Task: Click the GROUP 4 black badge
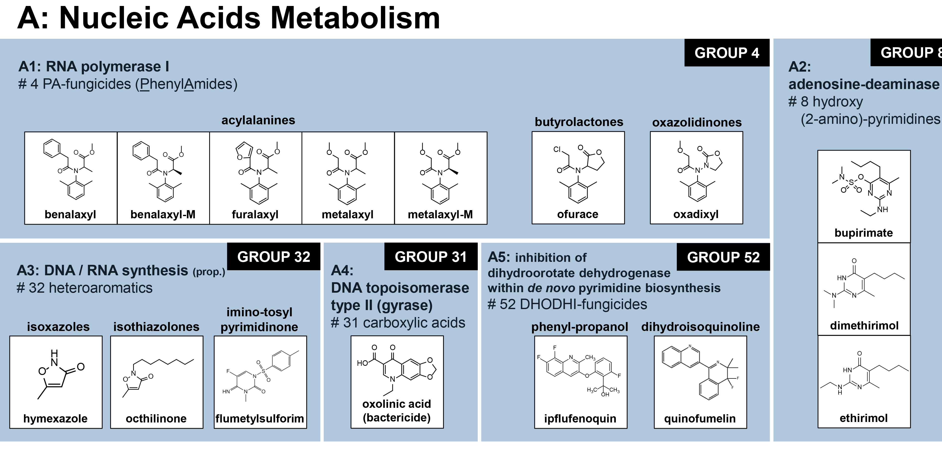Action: pos(727,53)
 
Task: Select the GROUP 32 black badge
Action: pos(273,257)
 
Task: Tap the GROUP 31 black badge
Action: pos(430,257)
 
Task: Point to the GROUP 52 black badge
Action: pos(723,257)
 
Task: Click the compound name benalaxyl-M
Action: pos(163,214)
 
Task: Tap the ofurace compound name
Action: pos(577,214)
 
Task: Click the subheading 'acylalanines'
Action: pos(258,120)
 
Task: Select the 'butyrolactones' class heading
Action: pos(579,122)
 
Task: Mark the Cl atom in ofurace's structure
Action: pos(557,149)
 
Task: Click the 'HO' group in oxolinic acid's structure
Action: pos(362,363)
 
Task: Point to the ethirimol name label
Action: pos(863,418)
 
